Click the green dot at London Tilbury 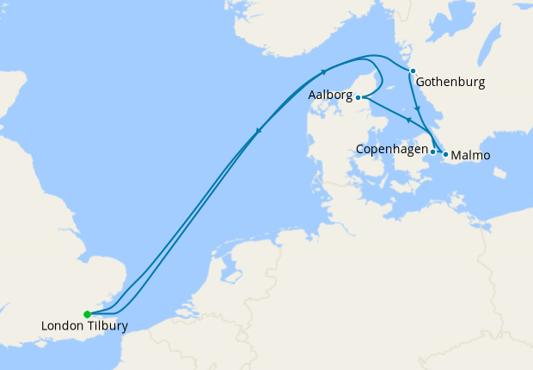(x=87, y=314)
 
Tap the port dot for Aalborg (x=358, y=98)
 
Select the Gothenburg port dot (x=413, y=71)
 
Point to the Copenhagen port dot (x=432, y=151)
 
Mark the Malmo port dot (x=445, y=154)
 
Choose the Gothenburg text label (x=450, y=83)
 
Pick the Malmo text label (x=470, y=156)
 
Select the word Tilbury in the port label (x=108, y=327)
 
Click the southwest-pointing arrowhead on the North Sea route (x=258, y=131)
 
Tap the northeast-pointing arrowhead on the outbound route (x=324, y=72)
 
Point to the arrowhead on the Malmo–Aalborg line (x=408, y=120)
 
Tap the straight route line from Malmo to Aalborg (x=391, y=111)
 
